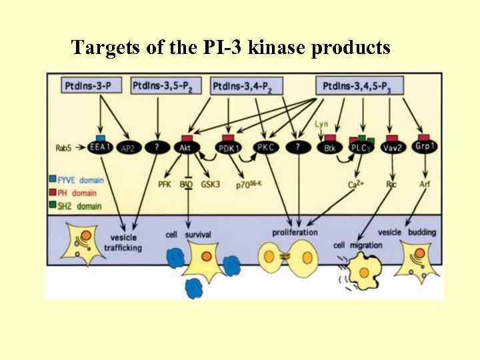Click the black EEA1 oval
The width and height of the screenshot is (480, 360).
101,147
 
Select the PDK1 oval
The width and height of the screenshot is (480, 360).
231,147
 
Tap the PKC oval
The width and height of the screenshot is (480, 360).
266,147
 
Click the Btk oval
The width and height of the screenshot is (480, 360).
329,147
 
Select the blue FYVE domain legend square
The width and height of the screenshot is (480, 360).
53,179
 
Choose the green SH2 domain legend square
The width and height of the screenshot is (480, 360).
53,206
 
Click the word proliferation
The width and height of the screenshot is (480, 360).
295,233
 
